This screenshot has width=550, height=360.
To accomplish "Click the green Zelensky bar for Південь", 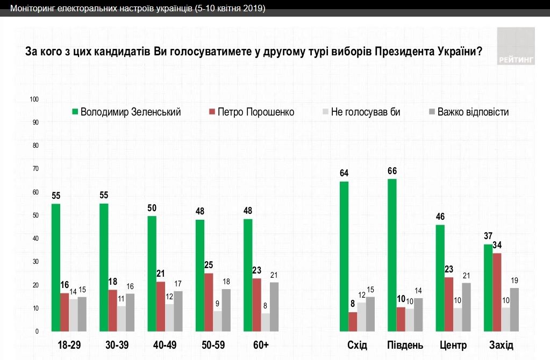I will tap(392, 255).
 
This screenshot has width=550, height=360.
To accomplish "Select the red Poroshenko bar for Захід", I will tap(497, 292).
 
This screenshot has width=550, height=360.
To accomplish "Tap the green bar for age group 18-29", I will tap(55, 268).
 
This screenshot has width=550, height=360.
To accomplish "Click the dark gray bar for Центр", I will tap(466, 307).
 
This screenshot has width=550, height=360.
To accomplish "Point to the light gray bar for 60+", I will tap(266, 322).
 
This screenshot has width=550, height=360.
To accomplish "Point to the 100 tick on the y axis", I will tap(35, 99).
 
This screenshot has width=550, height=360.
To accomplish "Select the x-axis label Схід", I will tap(357, 345).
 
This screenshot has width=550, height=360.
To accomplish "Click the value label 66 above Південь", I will tap(392, 171).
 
